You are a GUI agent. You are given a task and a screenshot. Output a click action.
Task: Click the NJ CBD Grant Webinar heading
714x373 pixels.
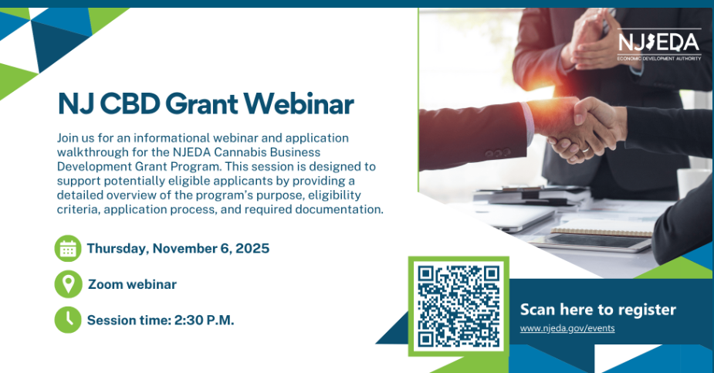pos(205,103)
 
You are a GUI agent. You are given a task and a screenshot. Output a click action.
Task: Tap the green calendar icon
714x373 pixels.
pos(68,249)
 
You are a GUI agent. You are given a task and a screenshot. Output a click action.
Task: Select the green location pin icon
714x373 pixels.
pos(68,284)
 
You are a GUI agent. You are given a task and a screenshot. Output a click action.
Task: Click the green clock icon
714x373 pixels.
pos(68,319)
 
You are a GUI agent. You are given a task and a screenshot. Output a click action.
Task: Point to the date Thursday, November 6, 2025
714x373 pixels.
pos(178,249)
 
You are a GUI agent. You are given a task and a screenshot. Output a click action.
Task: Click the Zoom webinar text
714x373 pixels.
pos(132,284)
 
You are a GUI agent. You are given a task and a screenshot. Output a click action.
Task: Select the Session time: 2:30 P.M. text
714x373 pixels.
pos(160,320)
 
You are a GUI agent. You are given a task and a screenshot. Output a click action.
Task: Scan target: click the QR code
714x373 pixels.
pos(459,306)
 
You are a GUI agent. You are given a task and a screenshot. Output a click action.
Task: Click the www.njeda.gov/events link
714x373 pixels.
pos(567,328)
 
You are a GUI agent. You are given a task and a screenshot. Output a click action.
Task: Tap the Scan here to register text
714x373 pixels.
pos(597,310)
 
